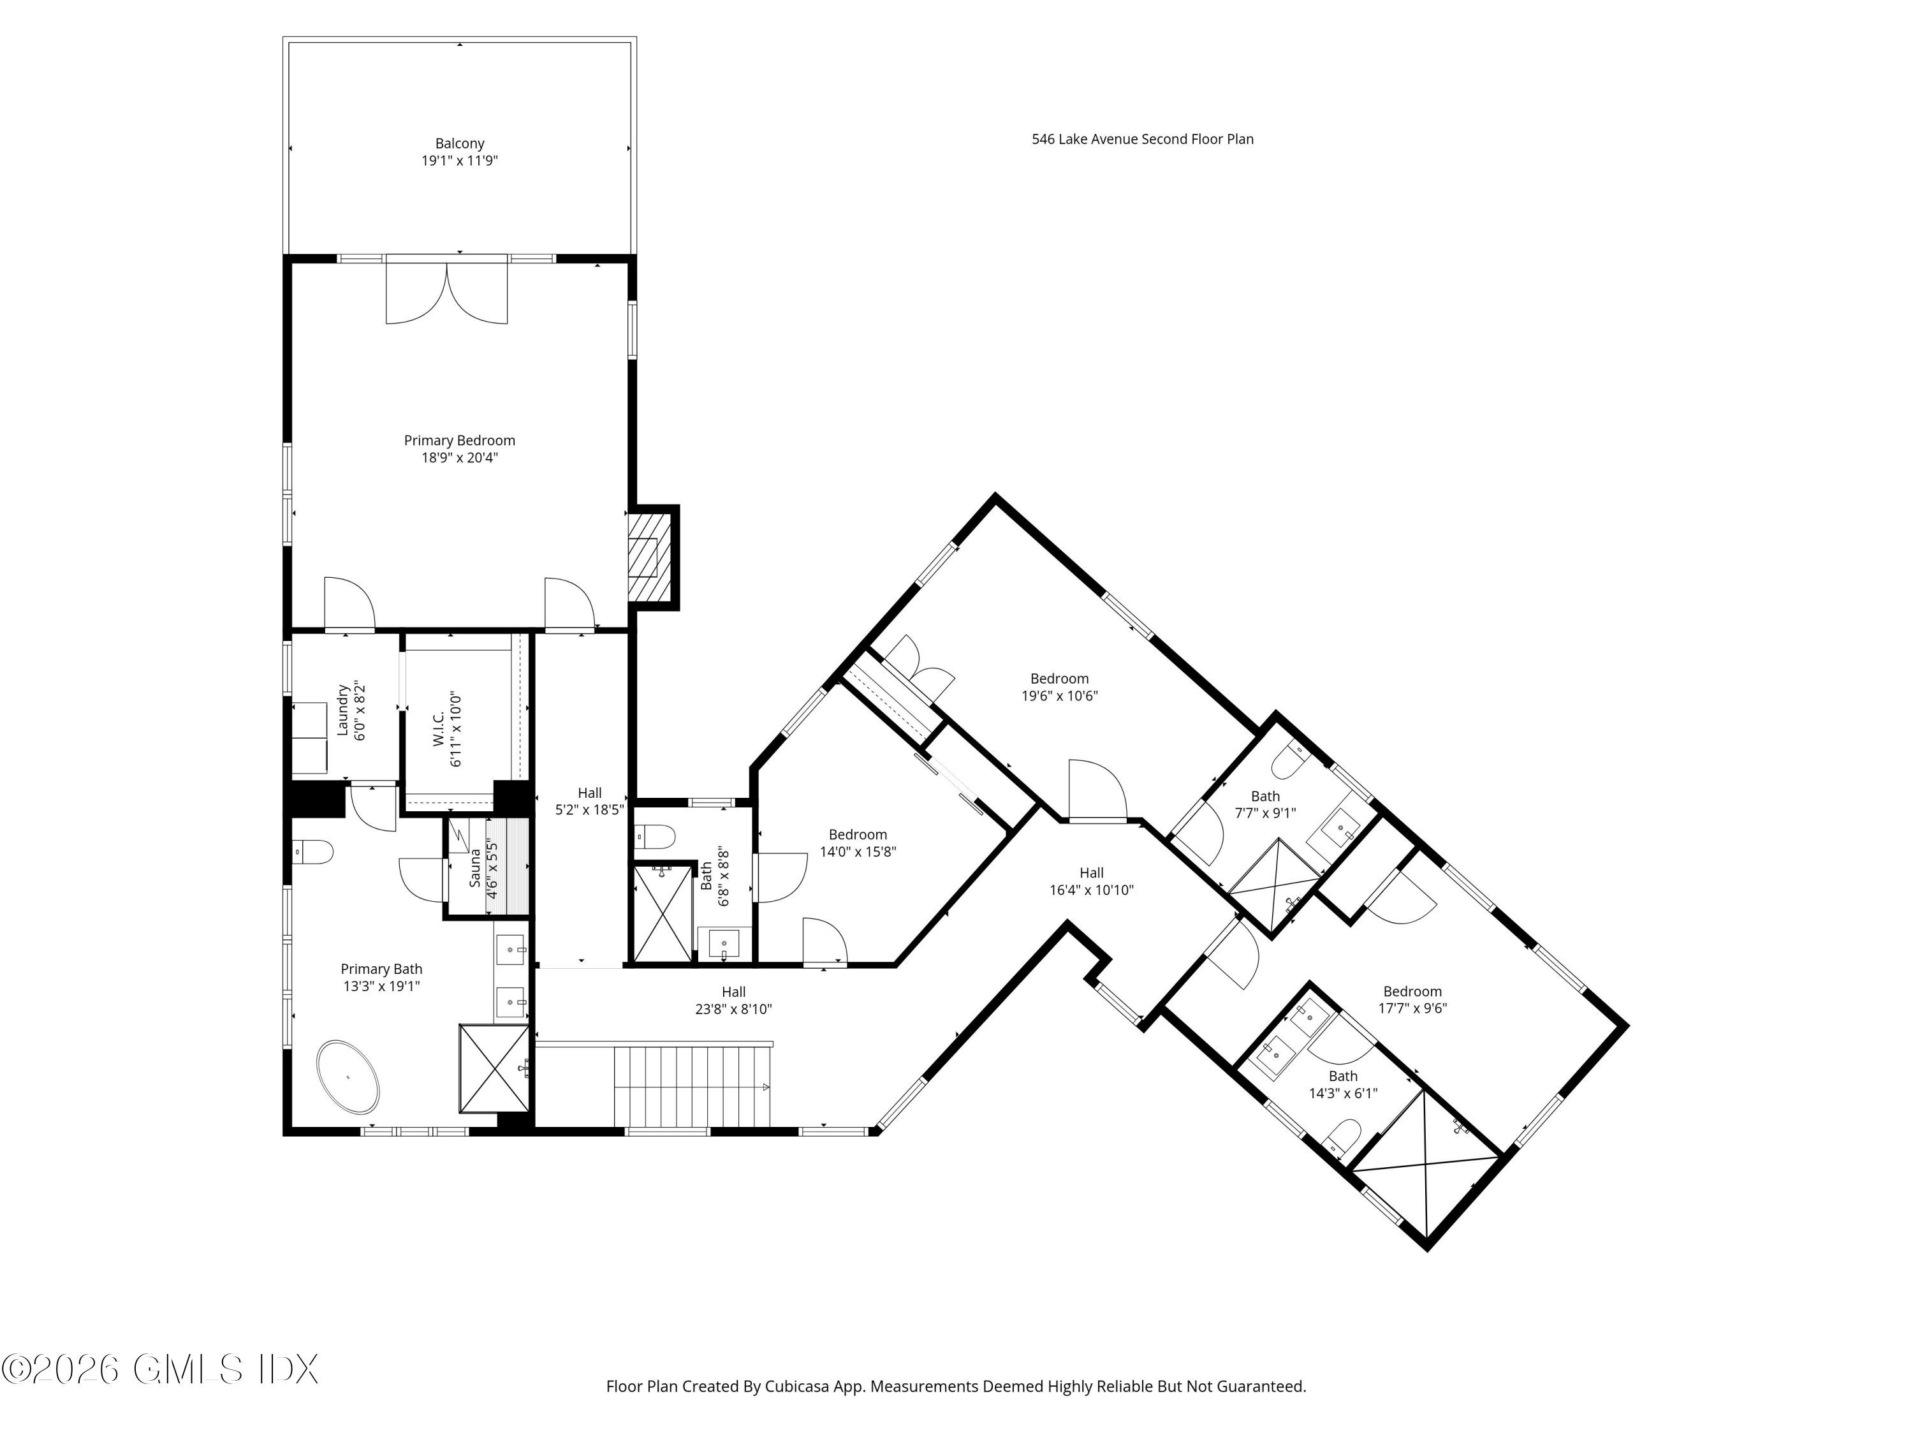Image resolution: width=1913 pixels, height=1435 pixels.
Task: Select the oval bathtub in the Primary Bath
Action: (x=349, y=1077)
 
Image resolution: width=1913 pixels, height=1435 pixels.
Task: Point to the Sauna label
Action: (x=476, y=867)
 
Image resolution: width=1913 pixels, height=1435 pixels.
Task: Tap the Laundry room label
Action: (x=342, y=711)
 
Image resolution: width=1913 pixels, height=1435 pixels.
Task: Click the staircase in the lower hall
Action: (x=692, y=1085)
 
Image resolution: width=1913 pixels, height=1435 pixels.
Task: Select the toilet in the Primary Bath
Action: (x=312, y=852)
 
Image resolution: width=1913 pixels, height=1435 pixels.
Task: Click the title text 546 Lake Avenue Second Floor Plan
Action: (x=1143, y=139)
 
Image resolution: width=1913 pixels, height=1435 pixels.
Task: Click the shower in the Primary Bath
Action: (x=494, y=1068)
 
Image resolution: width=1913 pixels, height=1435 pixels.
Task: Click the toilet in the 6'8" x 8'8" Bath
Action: (x=655, y=836)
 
